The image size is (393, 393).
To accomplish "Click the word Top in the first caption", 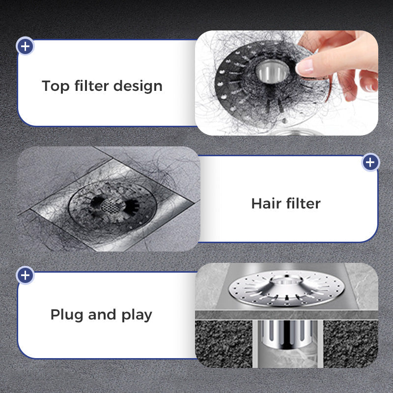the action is coord(56,86).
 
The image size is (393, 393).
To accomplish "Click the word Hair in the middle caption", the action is coord(266,203).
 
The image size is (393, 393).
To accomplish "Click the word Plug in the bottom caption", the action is coord(67,315).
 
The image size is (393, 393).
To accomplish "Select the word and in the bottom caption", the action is coord(102,314).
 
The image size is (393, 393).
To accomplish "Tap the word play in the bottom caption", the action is coord(137,315).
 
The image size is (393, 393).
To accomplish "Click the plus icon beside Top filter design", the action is coord(25,46).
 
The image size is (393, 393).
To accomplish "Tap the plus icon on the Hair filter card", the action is coord(370,162).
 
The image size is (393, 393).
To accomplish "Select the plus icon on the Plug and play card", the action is coord(25,275).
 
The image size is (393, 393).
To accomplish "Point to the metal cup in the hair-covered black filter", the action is coord(272,71).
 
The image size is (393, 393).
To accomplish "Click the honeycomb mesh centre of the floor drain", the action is coord(113,206).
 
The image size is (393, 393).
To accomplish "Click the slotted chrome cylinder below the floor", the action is coord(286,334).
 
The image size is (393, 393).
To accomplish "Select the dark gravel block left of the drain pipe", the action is coord(224,343).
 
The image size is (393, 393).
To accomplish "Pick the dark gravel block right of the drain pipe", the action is coord(350,343).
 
